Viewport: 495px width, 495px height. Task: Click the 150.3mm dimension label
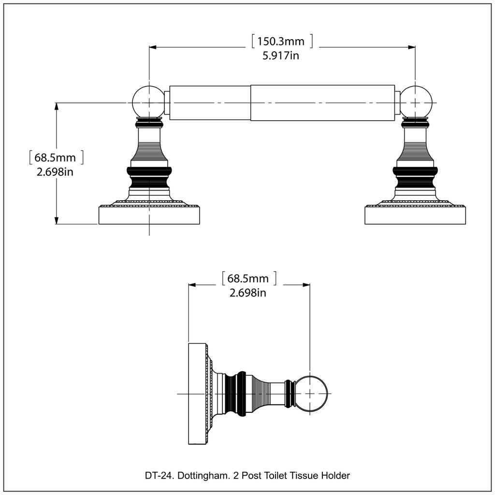tap(281, 42)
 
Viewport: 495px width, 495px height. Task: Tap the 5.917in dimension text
tap(281, 56)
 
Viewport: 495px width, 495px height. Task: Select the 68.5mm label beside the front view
tap(56, 158)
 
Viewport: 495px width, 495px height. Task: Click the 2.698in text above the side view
tap(247, 293)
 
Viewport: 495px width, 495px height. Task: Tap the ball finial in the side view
tap(310, 394)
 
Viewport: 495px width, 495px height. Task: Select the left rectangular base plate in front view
tap(149, 215)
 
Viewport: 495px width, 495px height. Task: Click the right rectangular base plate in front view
tap(416, 215)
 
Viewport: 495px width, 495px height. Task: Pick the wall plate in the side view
tap(197, 394)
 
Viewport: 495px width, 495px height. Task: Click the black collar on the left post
tap(149, 171)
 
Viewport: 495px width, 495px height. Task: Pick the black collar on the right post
tap(415, 171)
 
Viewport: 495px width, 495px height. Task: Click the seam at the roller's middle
tap(250, 102)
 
